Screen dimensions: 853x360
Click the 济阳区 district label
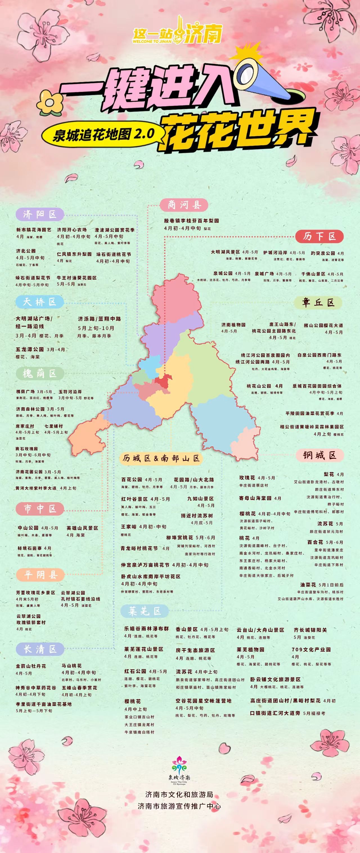coord(40,214)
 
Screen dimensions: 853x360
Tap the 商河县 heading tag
coord(184,205)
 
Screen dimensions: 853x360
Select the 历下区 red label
coord(319,236)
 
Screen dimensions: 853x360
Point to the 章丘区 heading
coord(318,302)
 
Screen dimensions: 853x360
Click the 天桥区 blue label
coord(40,302)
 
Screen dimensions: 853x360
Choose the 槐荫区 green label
coord(40,374)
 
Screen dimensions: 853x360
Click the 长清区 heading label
coord(40,649)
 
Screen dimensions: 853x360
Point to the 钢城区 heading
coord(319,455)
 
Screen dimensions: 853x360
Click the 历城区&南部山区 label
coord(161,458)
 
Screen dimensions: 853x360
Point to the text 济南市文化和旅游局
coord(179,794)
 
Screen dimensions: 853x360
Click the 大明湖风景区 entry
coord(225,252)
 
